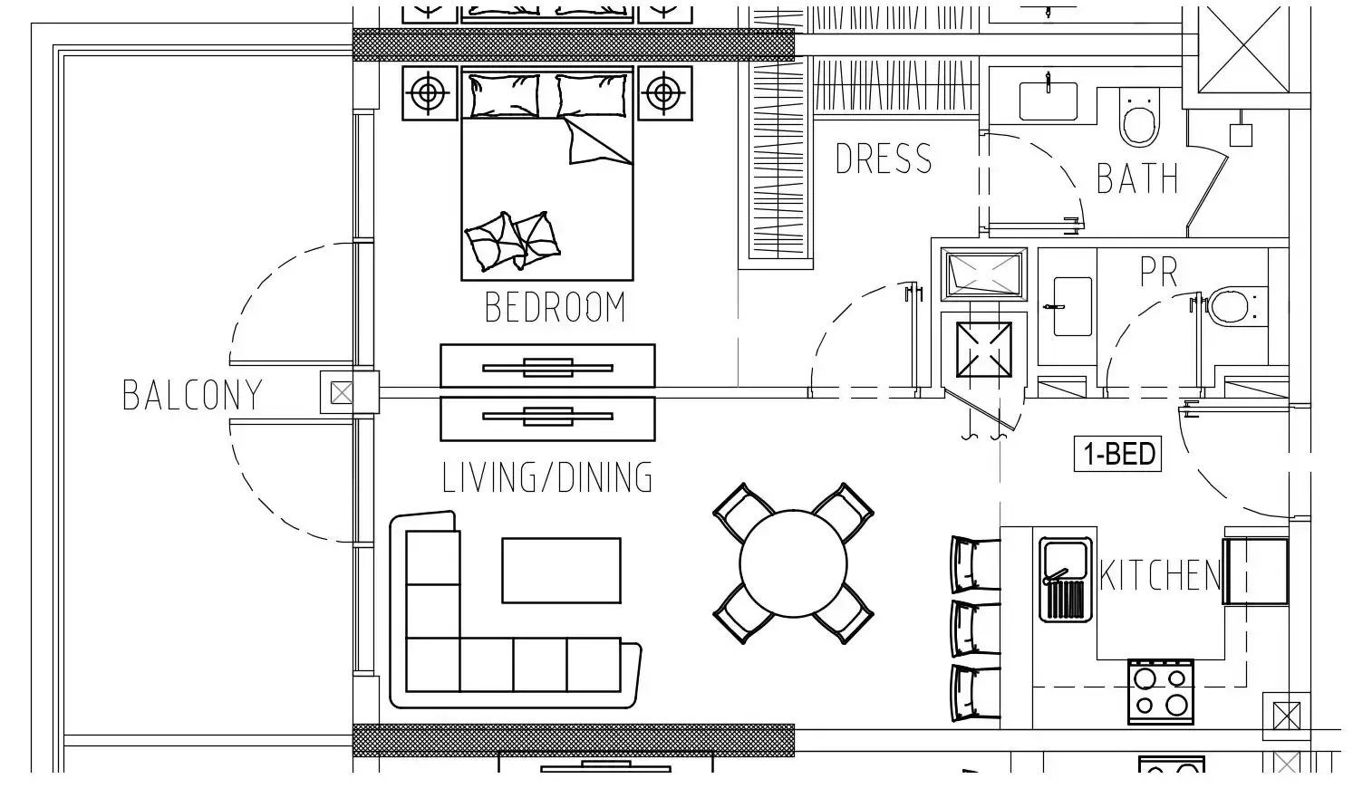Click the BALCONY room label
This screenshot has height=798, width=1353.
(193, 395)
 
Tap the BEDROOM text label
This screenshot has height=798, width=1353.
(556, 307)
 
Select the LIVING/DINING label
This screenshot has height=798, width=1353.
(547, 477)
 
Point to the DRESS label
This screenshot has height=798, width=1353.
(884, 159)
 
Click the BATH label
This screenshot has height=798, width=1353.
(1137, 178)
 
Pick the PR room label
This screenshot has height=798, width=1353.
(1158, 272)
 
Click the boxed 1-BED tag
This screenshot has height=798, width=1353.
(1117, 453)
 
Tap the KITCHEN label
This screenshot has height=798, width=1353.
(1160, 575)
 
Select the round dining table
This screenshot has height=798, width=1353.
(793, 563)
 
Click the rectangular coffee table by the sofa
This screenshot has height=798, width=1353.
(561, 571)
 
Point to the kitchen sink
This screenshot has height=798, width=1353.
(1066, 580)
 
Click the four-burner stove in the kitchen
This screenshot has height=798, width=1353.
(1161, 692)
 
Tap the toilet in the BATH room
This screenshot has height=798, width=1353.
(1140, 118)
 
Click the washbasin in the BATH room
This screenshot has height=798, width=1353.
(1048, 101)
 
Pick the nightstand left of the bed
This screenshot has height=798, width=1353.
(430, 93)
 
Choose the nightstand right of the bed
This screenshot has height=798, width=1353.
(665, 93)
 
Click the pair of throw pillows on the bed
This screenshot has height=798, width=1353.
(513, 241)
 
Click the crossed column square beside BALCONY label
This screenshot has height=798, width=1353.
(342, 394)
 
